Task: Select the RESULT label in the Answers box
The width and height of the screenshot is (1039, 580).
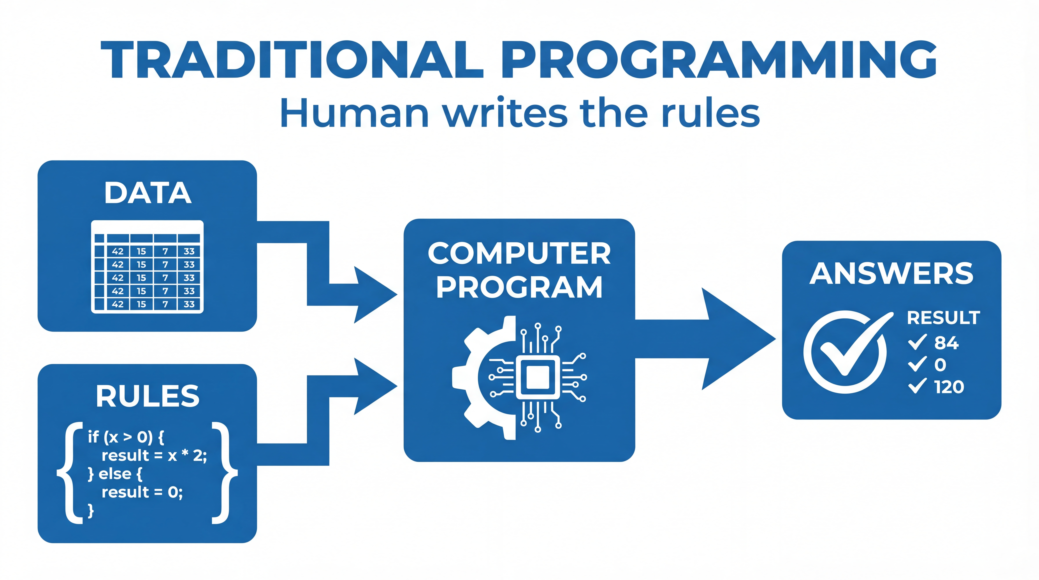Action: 943,318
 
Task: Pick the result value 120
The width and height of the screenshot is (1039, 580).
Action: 949,387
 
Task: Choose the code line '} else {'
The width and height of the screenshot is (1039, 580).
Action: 115,474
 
